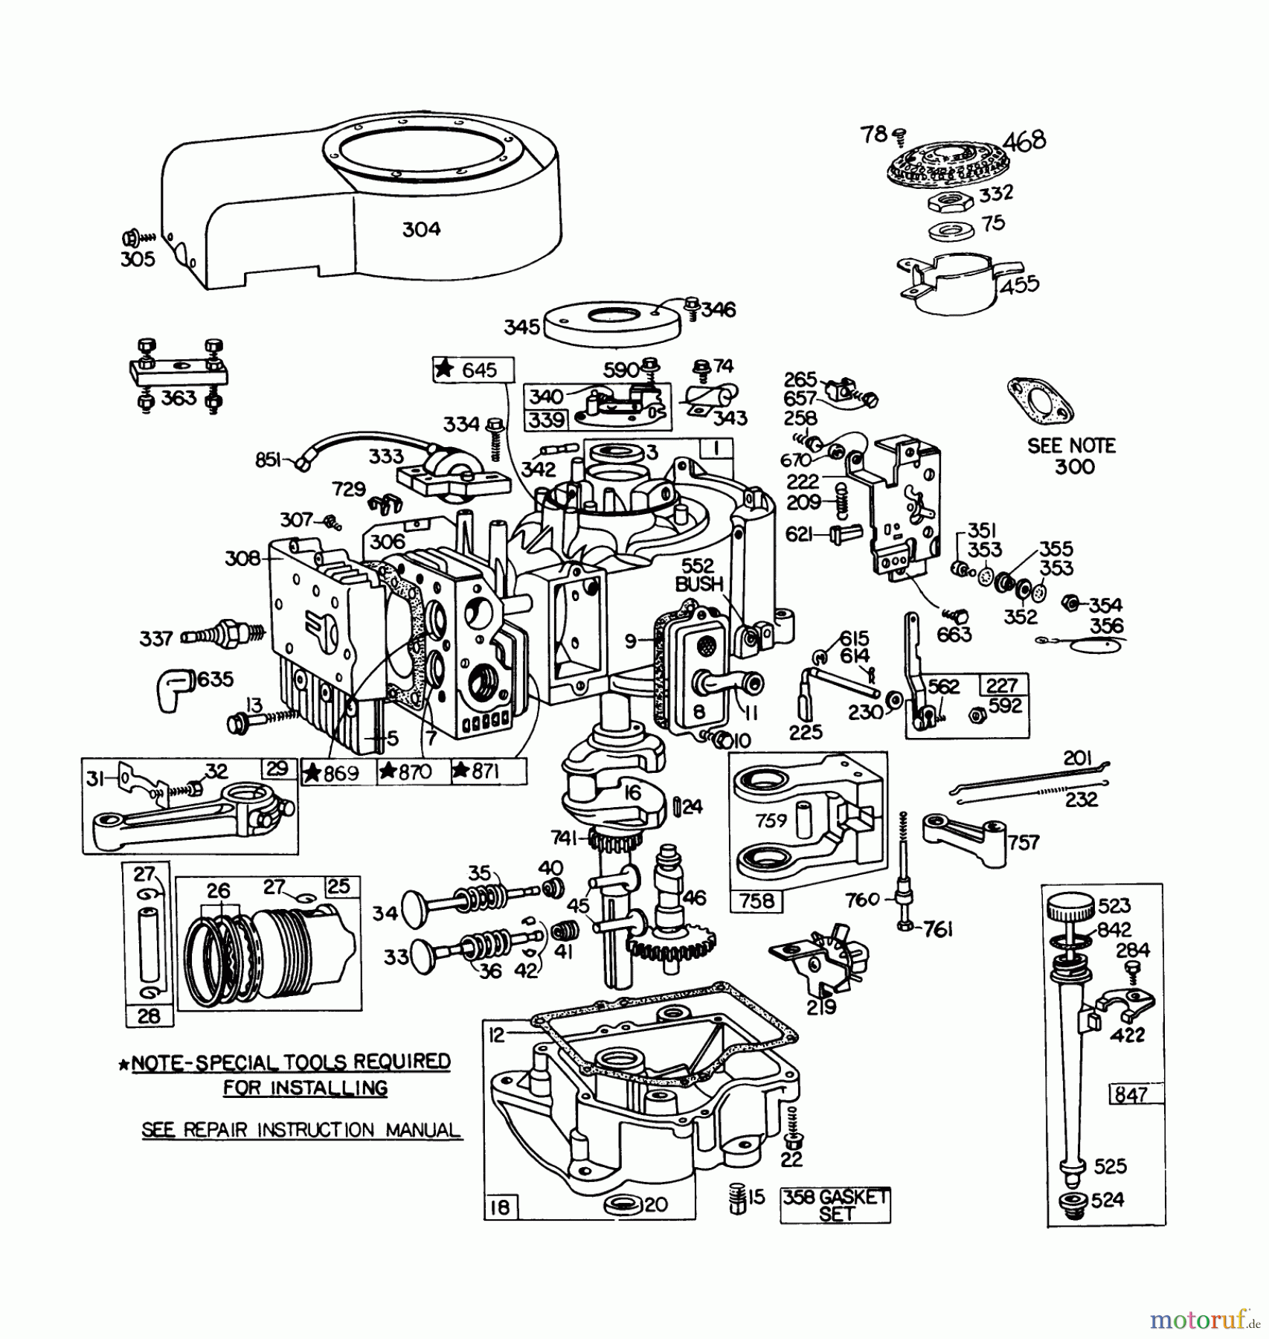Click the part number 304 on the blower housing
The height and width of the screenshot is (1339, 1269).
(x=421, y=229)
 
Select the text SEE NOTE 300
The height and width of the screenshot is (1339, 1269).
(x=1072, y=456)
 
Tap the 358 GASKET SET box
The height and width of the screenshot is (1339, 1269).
(x=835, y=1205)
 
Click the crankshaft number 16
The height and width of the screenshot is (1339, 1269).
(x=632, y=793)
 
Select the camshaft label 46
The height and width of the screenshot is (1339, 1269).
(x=693, y=897)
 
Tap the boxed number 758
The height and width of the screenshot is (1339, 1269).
(x=756, y=901)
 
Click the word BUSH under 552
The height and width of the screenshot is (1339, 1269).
(x=698, y=585)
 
